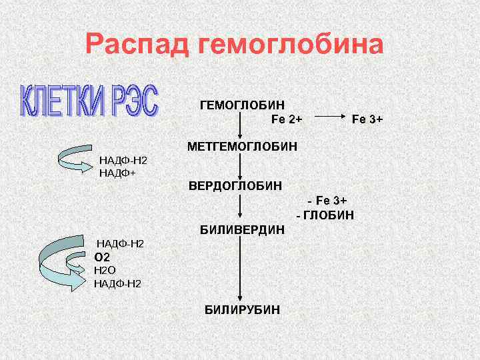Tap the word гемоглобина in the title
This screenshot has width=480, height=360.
tap(291, 45)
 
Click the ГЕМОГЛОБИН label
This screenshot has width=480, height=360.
tap(242, 105)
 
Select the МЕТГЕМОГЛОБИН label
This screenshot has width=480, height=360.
tap(243, 145)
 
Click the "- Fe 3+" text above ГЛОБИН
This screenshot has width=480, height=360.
tap(327, 201)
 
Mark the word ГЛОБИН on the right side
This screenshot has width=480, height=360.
tap(329, 215)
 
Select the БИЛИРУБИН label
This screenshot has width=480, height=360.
tap(242, 310)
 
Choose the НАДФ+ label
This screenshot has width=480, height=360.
tap(117, 173)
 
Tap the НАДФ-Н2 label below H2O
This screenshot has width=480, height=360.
tap(118, 284)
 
